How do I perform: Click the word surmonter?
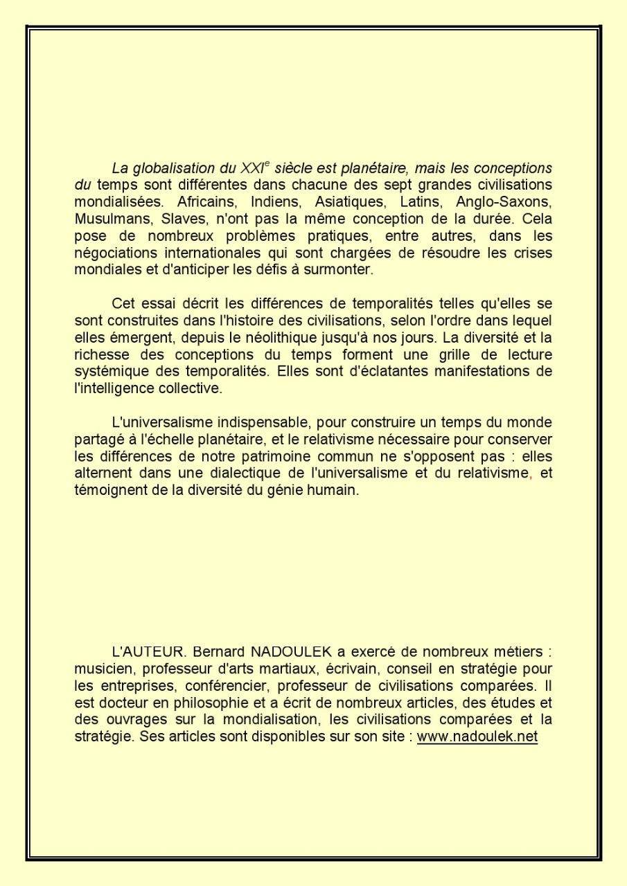tap(342, 270)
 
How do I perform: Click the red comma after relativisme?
tap(531, 475)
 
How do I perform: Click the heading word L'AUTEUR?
tap(150, 652)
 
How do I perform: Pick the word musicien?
tap(102, 669)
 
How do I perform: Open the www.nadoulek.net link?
tap(477, 736)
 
